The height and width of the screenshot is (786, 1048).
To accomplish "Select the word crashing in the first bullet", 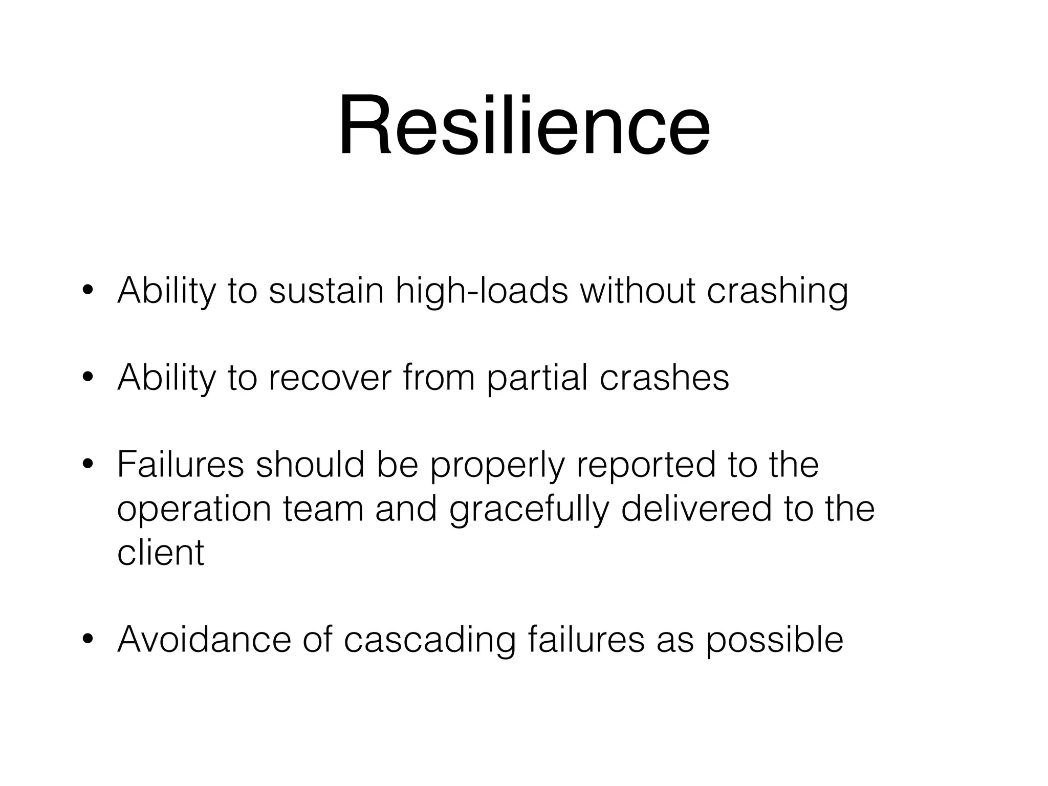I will click(x=777, y=291).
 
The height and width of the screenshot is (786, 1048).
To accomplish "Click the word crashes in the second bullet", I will click(x=664, y=378).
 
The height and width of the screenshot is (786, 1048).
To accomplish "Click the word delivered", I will click(x=696, y=509).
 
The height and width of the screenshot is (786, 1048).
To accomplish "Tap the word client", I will click(x=161, y=553).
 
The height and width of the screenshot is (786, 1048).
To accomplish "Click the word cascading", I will click(x=429, y=640).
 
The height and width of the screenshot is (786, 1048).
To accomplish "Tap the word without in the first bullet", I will click(x=637, y=291).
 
